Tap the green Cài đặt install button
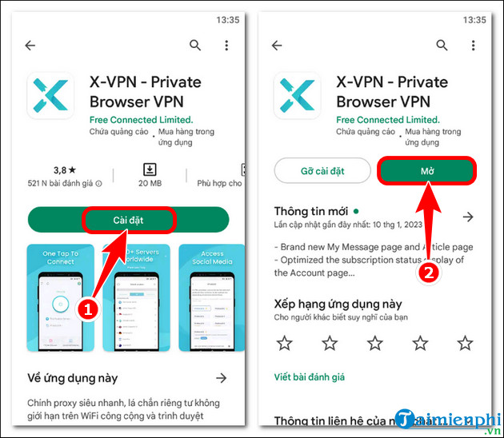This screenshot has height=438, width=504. pyautogui.click(x=128, y=219)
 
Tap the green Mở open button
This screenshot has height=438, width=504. pyautogui.click(x=426, y=171)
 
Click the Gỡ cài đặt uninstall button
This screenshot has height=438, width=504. pyautogui.click(x=321, y=171)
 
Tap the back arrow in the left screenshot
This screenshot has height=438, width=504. pyautogui.click(x=30, y=46)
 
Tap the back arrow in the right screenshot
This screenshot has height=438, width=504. pyautogui.click(x=278, y=46)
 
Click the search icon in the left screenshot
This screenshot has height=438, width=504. pyautogui.click(x=195, y=46)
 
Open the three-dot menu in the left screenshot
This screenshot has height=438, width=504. pyautogui.click(x=226, y=46)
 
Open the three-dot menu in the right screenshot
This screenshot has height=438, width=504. pyautogui.click(x=474, y=46)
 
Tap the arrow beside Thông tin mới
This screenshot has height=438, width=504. pyautogui.click(x=468, y=217)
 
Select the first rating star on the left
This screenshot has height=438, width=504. pyautogui.click(x=284, y=343)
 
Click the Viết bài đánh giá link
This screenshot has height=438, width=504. pyautogui.click(x=309, y=376)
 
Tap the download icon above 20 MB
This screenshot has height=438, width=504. pyautogui.click(x=149, y=169)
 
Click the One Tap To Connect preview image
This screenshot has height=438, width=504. pyautogui.click(x=61, y=298)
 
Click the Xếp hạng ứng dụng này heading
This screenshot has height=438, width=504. pyautogui.click(x=338, y=305)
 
